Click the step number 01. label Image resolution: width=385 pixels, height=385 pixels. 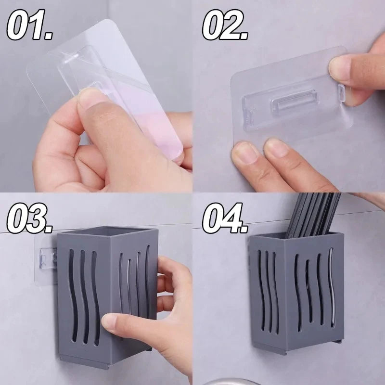pyautogui.click(x=29, y=25)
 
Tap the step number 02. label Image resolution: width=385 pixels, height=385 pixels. pyautogui.click(x=225, y=25)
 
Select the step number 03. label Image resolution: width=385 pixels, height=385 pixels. pyautogui.click(x=29, y=218)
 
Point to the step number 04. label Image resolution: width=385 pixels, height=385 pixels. pyautogui.click(x=225, y=218)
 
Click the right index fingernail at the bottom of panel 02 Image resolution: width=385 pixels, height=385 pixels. pyautogui.click(x=276, y=147)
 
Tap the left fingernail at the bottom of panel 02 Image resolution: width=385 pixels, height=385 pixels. pyautogui.click(x=244, y=152)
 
